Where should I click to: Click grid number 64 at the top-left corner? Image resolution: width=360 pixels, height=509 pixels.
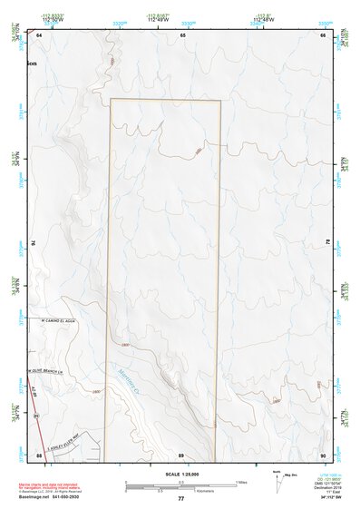click(40, 34)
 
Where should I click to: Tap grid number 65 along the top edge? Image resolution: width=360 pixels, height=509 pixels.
click(182, 34)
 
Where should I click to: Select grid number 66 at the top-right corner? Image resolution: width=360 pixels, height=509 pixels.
click(324, 34)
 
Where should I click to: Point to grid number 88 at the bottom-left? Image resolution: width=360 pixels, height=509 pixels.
click(40, 455)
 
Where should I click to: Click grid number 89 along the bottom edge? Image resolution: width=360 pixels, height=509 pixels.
click(181, 455)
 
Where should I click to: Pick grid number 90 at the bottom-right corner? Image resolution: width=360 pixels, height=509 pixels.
click(324, 455)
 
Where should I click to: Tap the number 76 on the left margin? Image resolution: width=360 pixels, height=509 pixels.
click(32, 243)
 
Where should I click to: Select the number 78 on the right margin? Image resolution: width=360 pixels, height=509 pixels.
click(329, 243)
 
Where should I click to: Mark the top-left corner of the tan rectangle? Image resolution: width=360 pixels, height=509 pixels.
click(111, 99)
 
